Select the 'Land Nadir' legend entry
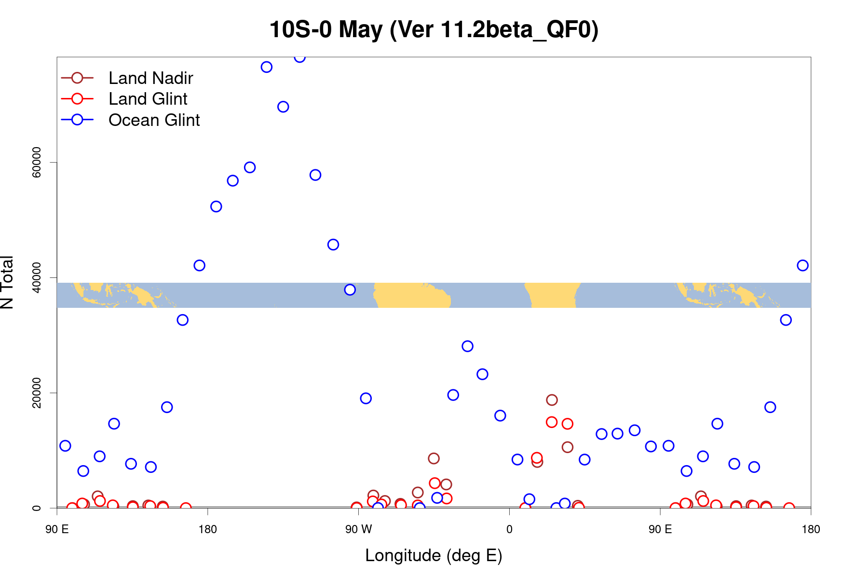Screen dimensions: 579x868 point(150,78)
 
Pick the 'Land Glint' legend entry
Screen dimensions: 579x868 point(148,99)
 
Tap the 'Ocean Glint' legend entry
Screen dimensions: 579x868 point(154,120)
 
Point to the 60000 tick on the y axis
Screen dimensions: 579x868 point(37,163)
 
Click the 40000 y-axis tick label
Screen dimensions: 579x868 point(37,277)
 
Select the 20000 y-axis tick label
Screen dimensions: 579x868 point(37,393)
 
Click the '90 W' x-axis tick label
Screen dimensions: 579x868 point(359,529)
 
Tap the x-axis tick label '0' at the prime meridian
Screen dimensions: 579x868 point(509,529)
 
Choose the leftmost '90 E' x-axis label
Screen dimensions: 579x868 point(57,529)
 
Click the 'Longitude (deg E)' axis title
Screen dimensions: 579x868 point(434,555)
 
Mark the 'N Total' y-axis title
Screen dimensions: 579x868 point(7,282)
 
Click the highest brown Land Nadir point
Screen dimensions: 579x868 point(552,400)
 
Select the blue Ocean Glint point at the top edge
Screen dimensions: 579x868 point(300,57)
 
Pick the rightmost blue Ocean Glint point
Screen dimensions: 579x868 point(802,265)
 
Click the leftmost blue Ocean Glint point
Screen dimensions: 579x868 point(65,446)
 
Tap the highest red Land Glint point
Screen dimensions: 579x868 point(552,422)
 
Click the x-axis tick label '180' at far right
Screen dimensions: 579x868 point(811,529)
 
